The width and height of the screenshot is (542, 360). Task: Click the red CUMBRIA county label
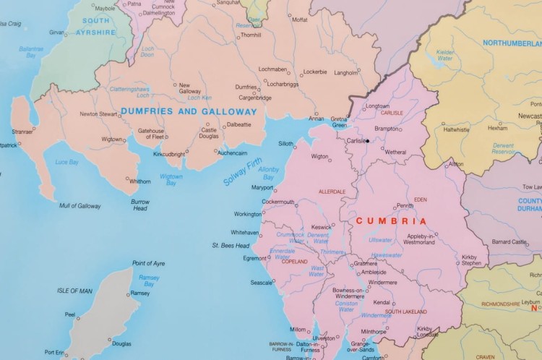[x=392, y=221]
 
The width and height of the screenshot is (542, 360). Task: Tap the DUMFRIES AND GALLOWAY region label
[x=188, y=112]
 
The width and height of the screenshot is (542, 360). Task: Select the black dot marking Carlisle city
[x=367, y=141]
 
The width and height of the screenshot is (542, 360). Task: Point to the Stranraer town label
[x=22, y=132]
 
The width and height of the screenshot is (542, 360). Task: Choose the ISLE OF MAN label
[x=75, y=291]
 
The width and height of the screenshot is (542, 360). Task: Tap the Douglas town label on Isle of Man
[x=121, y=344]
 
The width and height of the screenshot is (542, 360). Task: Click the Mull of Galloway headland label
[x=79, y=206]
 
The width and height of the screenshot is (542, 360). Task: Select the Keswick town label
[x=321, y=227]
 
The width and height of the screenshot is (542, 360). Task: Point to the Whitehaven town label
[x=244, y=232]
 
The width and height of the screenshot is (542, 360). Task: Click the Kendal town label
[x=382, y=302]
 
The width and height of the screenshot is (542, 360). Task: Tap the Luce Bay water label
[x=66, y=162]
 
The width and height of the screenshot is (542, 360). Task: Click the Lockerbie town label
[x=314, y=72]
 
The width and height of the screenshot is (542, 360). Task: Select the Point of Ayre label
[x=148, y=263]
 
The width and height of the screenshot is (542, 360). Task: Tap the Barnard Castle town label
[x=509, y=241]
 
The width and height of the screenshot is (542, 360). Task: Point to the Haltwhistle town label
[x=456, y=129]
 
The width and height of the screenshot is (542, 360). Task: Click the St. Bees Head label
[x=231, y=246]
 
